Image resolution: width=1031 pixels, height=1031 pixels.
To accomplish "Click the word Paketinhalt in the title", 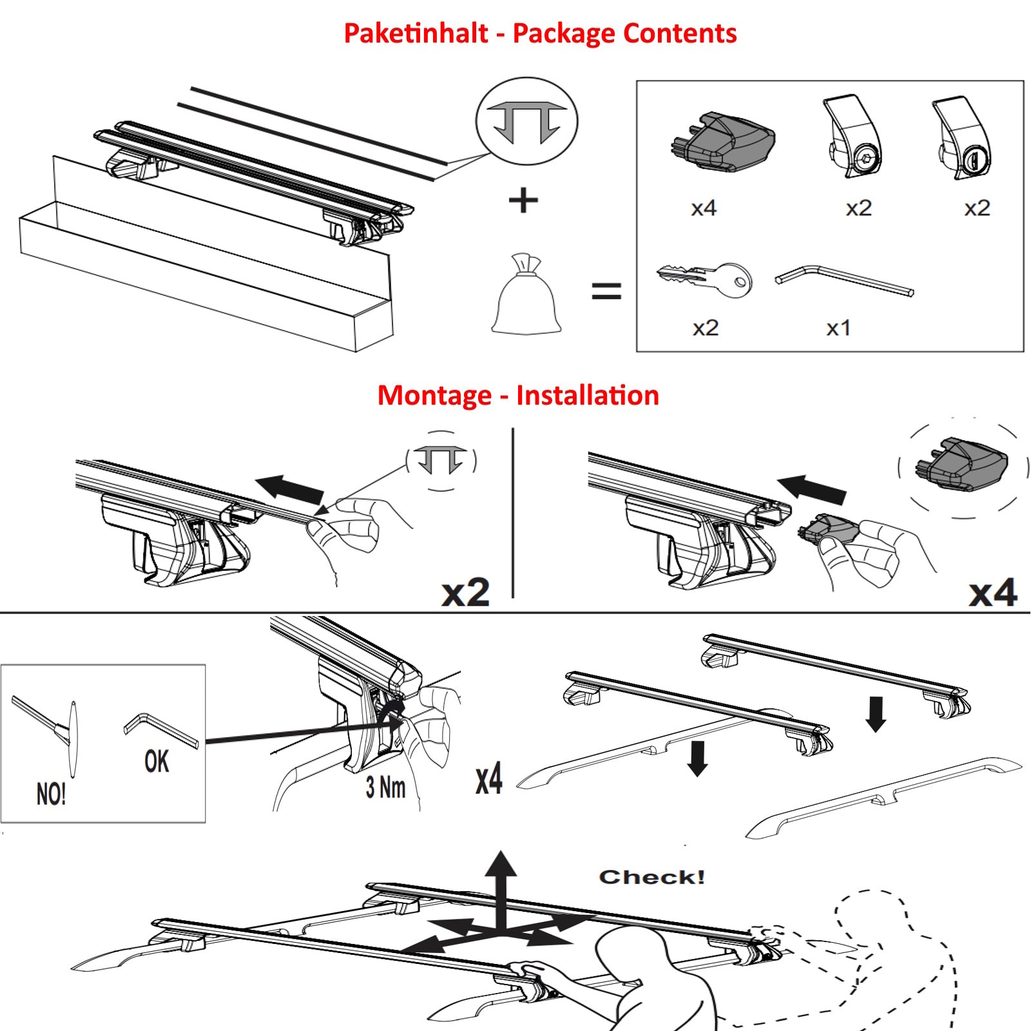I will click(416, 34).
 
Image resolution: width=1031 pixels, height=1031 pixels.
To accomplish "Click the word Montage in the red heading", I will click(434, 396).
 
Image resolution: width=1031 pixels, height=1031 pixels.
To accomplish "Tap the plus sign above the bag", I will click(523, 200).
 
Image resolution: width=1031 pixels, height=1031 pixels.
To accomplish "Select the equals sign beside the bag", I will click(606, 291).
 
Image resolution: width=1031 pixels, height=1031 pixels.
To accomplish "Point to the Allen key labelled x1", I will click(844, 280).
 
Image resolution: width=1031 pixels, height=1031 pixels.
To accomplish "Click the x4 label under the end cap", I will click(703, 208).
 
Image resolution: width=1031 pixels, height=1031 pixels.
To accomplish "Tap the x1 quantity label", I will click(838, 329).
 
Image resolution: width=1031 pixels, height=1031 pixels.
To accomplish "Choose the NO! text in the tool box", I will click(51, 795).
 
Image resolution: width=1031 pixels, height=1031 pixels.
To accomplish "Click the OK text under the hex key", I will click(157, 762).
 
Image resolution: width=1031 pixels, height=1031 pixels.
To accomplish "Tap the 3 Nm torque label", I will click(385, 787).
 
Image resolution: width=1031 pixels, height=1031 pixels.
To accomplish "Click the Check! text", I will click(651, 877).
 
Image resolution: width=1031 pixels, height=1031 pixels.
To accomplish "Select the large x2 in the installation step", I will click(465, 593).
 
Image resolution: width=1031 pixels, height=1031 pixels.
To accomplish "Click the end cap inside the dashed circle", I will click(962, 465).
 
